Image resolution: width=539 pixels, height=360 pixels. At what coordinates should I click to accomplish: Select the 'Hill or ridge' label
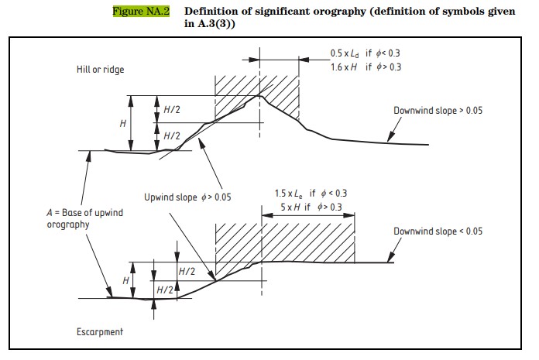pyautogui.click(x=100, y=70)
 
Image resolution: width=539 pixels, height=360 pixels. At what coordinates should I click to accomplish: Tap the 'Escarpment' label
pyautogui.click(x=100, y=331)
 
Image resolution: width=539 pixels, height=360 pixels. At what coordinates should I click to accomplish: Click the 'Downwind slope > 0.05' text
pyautogui.click(x=438, y=111)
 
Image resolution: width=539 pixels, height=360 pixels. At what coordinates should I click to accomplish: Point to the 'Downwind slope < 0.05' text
pyautogui.click(x=438, y=231)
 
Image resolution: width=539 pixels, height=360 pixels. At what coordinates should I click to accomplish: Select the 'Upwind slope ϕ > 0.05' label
pyautogui.click(x=187, y=197)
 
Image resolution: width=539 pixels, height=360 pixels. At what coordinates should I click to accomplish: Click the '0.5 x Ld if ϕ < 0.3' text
pyautogui.click(x=365, y=53)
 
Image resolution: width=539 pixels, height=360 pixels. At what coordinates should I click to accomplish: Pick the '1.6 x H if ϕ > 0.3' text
pyautogui.click(x=365, y=67)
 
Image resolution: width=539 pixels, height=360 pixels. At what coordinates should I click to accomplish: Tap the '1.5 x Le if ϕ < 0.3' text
pyautogui.click(x=310, y=193)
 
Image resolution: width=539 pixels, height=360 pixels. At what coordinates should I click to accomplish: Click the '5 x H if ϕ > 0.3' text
pyautogui.click(x=310, y=207)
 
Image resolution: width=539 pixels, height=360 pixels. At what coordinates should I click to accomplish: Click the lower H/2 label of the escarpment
pyautogui.click(x=165, y=289)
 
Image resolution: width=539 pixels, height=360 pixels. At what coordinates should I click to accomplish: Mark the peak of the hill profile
pyautogui.click(x=261, y=95)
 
